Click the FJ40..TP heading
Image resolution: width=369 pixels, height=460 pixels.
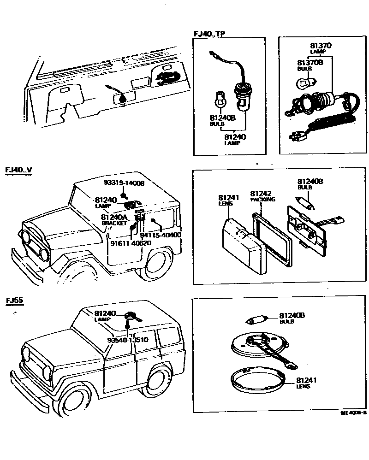[209, 33]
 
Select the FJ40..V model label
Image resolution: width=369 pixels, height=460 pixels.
[18, 169]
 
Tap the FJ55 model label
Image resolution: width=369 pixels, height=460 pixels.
[15, 301]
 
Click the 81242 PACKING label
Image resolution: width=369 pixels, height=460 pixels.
[262, 196]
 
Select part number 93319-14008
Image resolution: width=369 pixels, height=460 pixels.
[124, 183]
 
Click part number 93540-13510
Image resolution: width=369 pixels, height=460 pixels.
[127, 340]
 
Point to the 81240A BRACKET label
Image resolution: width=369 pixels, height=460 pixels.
[114, 219]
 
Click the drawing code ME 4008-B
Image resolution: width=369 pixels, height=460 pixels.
[353, 413]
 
